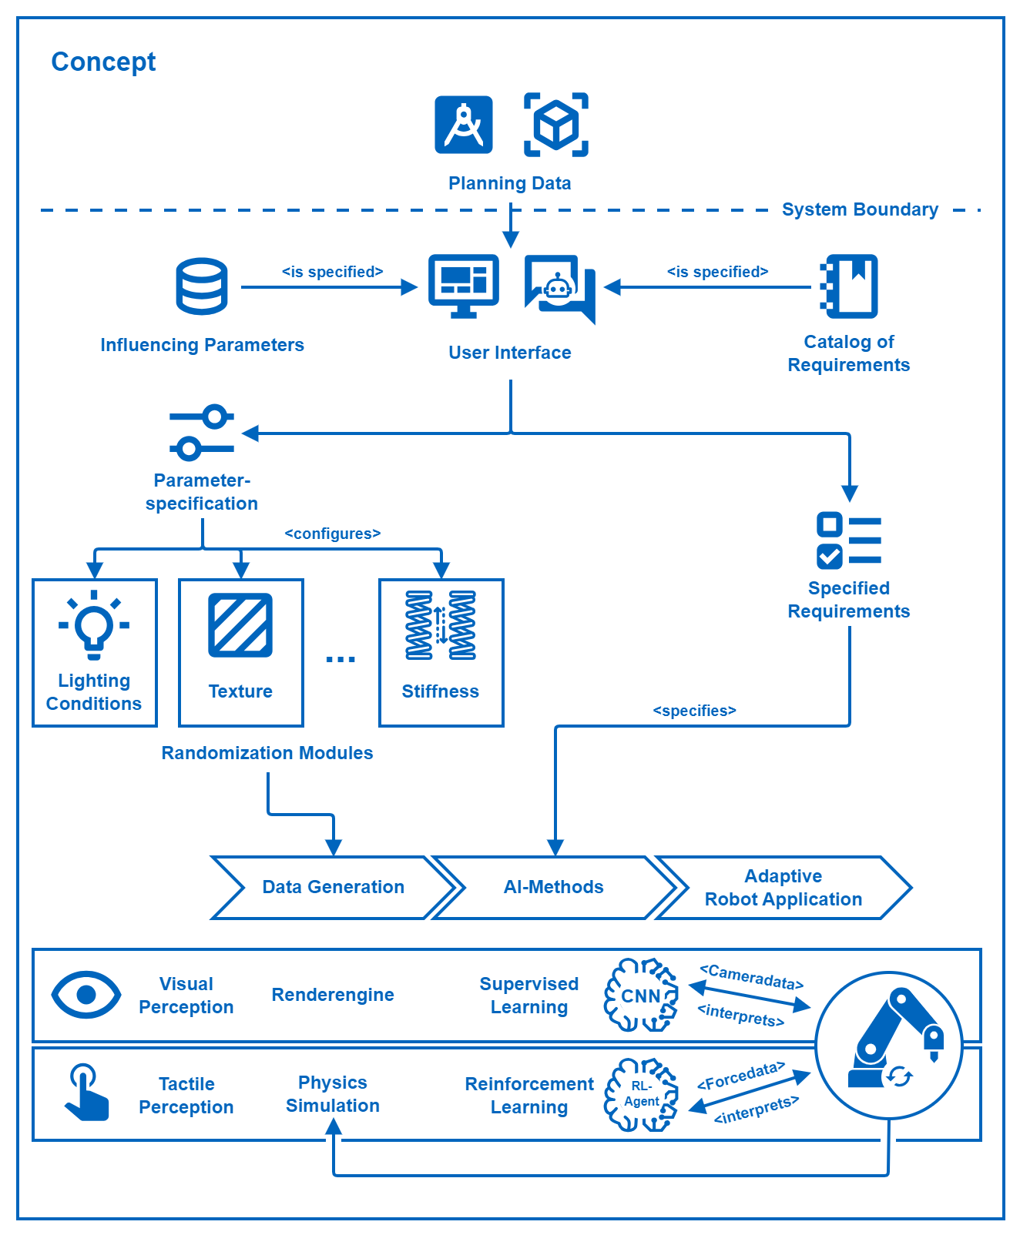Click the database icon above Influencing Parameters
coord(202,286)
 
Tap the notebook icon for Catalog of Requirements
coord(849,286)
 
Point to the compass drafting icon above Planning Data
coord(464,125)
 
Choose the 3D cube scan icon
coord(556,125)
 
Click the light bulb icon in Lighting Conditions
coord(94,624)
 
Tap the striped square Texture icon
coord(240,624)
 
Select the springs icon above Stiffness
coord(441,625)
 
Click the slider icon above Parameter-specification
coord(202,433)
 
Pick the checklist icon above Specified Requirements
coord(849,541)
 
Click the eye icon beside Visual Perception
coord(86,995)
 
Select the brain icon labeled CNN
coord(642,995)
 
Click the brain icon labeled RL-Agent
coord(642,1094)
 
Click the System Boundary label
coord(860,209)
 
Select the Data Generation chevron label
coord(333,887)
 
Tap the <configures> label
coord(333,534)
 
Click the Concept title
coord(103,62)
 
